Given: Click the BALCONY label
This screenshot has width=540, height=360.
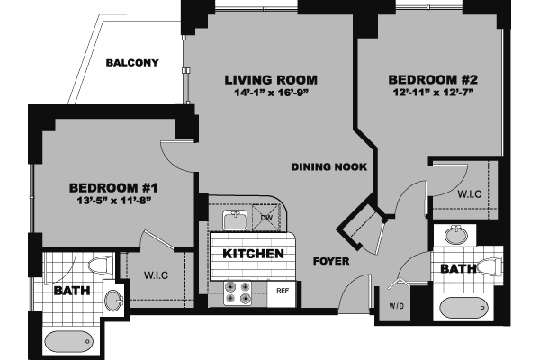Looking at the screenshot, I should point(132,63).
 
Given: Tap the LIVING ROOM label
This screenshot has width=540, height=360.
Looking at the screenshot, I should point(271,80).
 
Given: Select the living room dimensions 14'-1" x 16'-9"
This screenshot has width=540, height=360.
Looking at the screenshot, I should point(271,93).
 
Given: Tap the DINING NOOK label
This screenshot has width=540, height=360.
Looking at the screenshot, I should point(321,166).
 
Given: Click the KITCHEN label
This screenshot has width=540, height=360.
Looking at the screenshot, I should point(247,254).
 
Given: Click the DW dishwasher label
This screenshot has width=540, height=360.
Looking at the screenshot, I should point(267,218).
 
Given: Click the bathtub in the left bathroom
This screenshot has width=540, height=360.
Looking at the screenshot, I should point(67,341).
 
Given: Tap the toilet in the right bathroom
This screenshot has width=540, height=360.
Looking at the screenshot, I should point(488,267).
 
